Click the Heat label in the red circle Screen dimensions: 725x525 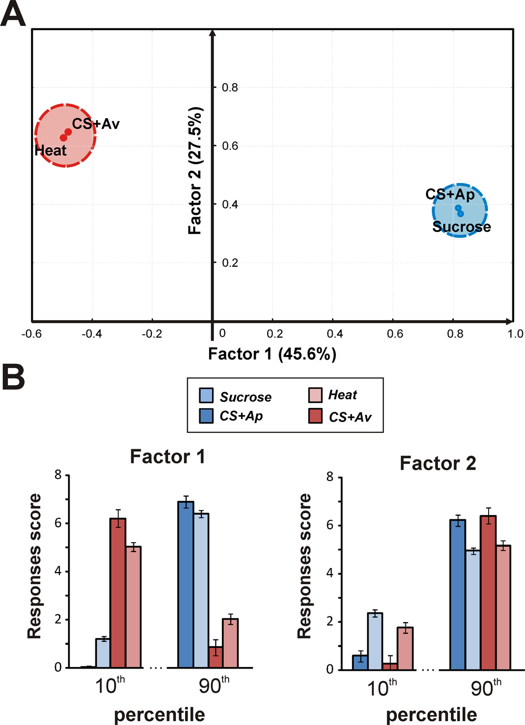tap(51, 150)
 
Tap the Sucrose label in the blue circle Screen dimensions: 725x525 tap(461, 227)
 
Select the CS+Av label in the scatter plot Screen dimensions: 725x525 tap(96, 124)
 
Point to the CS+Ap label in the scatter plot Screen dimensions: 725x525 tap(450, 194)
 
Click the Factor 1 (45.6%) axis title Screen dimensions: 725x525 tap(272, 354)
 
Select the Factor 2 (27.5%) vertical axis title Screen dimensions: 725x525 tap(195, 171)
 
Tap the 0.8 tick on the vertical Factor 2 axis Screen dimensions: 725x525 tap(230, 88)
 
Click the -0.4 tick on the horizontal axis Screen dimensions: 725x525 tap(92, 334)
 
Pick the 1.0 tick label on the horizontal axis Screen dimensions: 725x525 tap(515, 334)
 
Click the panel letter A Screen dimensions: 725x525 tap(13, 14)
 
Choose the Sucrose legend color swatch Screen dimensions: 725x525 tap(206, 395)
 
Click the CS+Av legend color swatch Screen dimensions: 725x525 tap(315, 416)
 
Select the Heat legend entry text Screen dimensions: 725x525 tap(343, 395)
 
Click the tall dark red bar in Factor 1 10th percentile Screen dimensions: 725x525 tap(118, 593)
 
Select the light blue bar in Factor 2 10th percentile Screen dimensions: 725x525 tap(375, 641)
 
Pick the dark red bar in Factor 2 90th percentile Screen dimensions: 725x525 tap(488, 593)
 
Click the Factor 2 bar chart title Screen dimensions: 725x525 tap(437, 463)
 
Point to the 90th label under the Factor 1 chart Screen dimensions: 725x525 tap(214, 685)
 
